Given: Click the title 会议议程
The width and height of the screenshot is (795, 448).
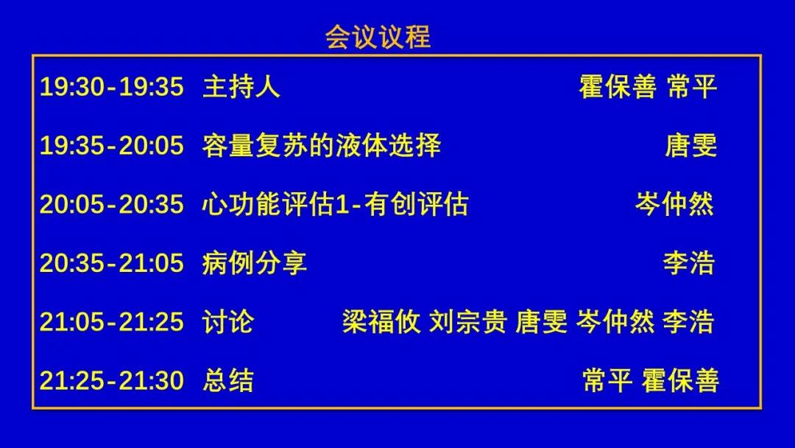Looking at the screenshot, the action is pyautogui.click(x=378, y=37).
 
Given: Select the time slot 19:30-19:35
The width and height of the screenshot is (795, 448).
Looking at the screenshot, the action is pyautogui.click(x=112, y=86).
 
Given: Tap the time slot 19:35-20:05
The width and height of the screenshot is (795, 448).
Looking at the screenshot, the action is pyautogui.click(x=112, y=145).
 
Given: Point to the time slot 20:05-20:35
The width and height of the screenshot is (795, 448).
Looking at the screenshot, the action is pyautogui.click(x=112, y=204).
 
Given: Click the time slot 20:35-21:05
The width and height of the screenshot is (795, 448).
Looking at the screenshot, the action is pyautogui.click(x=112, y=263).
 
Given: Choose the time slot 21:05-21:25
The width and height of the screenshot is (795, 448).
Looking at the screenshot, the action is pyautogui.click(x=112, y=322).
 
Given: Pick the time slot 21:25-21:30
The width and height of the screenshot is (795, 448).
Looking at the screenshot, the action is pyautogui.click(x=112, y=380).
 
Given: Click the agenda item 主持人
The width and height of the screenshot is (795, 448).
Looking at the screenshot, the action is pyautogui.click(x=241, y=86).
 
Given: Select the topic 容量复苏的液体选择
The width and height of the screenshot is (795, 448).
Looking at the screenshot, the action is pyautogui.click(x=322, y=145).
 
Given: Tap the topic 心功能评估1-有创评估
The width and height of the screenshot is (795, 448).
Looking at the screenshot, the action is pyautogui.click(x=335, y=204).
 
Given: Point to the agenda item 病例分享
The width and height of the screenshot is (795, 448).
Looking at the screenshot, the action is pyautogui.click(x=255, y=263).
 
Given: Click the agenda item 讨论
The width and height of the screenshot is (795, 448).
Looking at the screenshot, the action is pyautogui.click(x=227, y=322).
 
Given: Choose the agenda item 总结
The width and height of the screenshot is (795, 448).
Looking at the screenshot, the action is pyautogui.click(x=227, y=380).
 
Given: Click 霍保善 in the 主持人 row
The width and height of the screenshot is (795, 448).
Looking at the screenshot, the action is pyautogui.click(x=618, y=86).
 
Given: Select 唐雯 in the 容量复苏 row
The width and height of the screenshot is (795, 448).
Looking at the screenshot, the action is pyautogui.click(x=690, y=145).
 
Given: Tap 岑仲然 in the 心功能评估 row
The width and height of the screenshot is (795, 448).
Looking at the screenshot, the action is pyautogui.click(x=674, y=204).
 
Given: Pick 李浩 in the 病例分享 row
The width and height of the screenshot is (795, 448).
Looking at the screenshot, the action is pyautogui.click(x=688, y=263).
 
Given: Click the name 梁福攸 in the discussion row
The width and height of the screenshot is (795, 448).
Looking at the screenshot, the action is pyautogui.click(x=381, y=322).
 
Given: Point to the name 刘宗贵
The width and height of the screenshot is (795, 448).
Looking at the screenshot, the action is pyautogui.click(x=468, y=322).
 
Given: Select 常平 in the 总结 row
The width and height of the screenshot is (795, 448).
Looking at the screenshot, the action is pyautogui.click(x=607, y=380).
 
